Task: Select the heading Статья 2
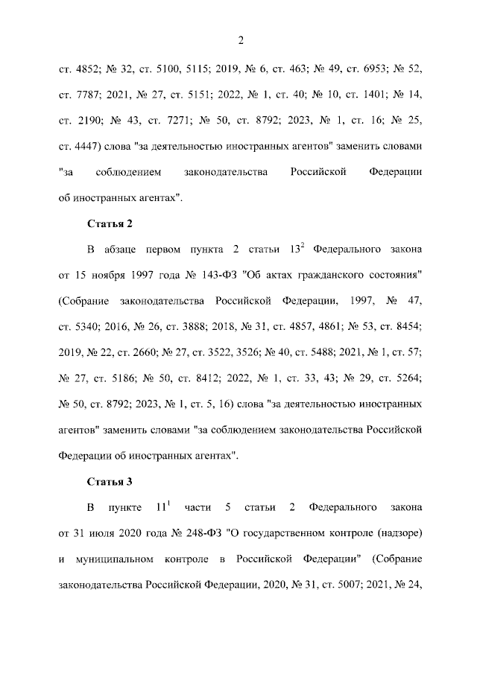pos(110,223)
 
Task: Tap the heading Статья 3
pos(110,480)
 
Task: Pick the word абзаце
pos(128,249)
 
